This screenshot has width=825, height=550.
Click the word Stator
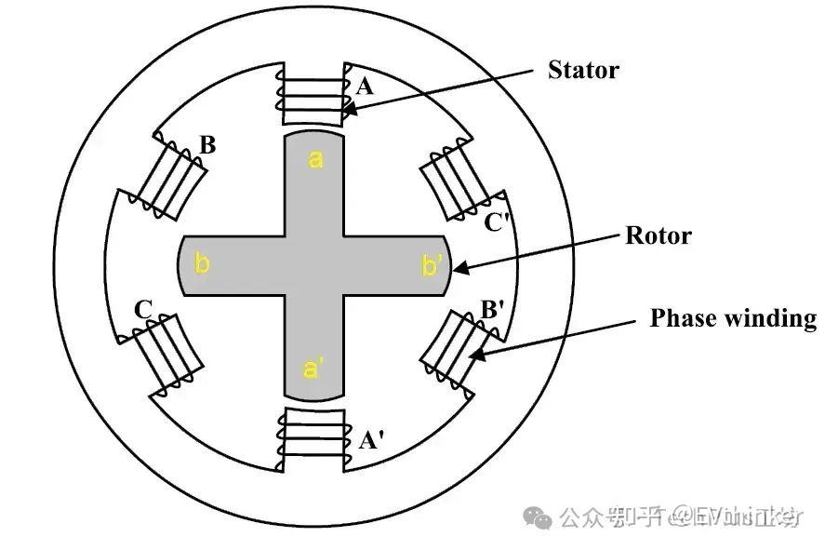coord(583,70)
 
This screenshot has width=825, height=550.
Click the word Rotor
coord(658,235)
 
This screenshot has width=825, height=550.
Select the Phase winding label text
coord(732,318)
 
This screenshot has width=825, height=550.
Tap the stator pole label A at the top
coord(365,87)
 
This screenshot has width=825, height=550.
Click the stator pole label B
coord(207,145)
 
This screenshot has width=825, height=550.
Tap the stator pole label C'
coord(498,222)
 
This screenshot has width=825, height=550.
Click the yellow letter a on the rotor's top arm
coord(315,160)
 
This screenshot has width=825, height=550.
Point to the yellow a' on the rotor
coord(314,369)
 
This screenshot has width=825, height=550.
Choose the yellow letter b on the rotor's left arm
coord(201,264)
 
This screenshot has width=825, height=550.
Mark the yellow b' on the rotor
coord(432,265)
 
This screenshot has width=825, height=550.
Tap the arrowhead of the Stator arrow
coord(347,111)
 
